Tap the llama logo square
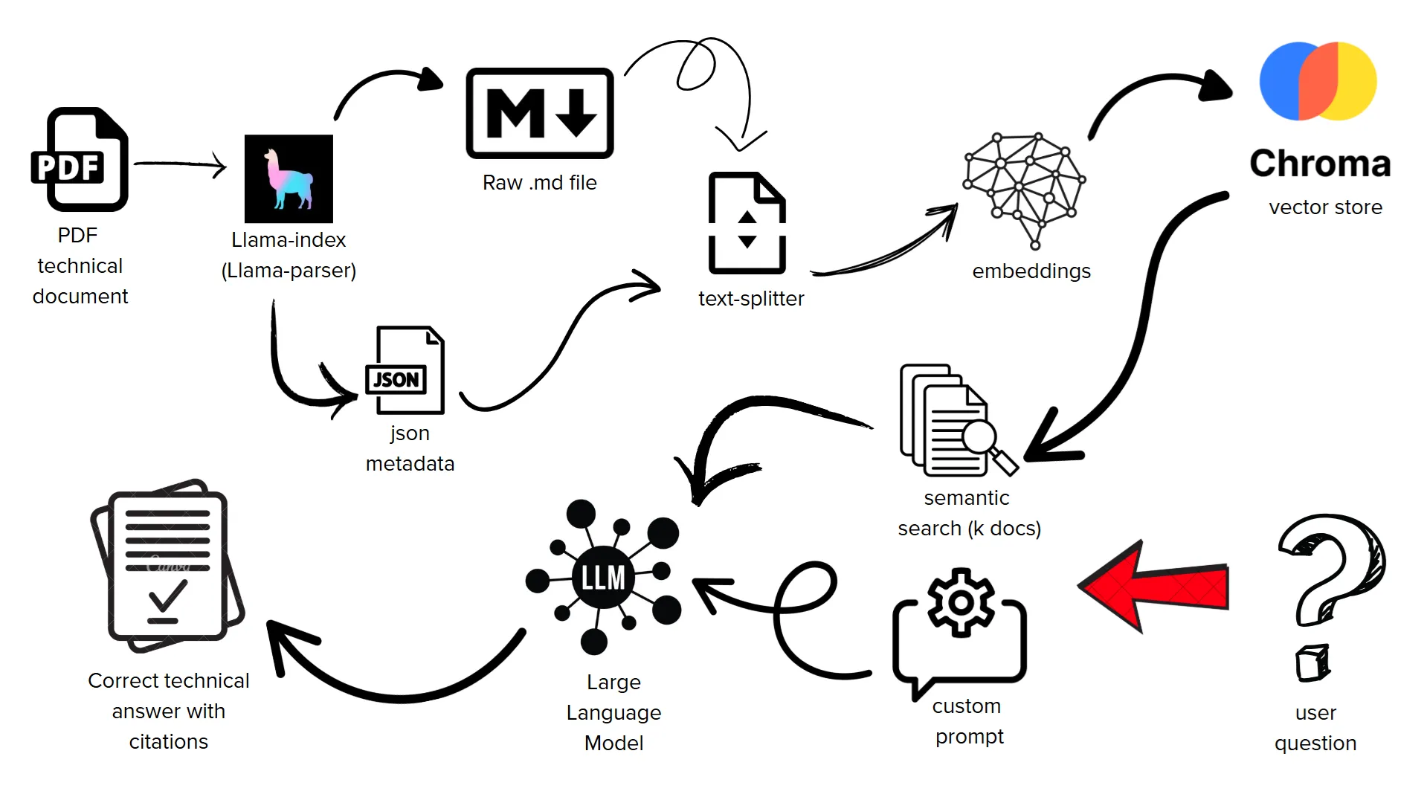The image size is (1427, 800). coord(289,178)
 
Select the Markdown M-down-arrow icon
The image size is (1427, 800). coord(540,113)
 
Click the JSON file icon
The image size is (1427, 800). coord(405,370)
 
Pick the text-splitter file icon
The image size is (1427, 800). coord(747,223)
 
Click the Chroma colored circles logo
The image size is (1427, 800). coord(1318,81)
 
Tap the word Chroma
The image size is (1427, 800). coord(1320,164)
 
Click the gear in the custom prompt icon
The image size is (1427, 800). coord(961,602)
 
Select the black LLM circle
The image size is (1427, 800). coord(603,577)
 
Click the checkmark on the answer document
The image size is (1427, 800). coord(167,595)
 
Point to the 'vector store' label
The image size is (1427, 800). coord(1325,207)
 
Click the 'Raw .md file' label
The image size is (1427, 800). coord(540,183)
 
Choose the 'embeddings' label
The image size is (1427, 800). coord(1031,271)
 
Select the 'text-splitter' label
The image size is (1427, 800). coord(751,299)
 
